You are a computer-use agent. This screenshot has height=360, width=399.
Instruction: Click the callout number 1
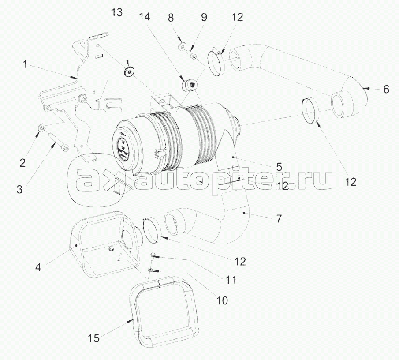[25, 65]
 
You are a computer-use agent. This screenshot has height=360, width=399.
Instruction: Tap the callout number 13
[117, 12]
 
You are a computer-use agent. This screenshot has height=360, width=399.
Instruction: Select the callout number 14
[145, 17]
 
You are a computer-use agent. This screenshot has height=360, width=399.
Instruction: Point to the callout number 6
[386, 90]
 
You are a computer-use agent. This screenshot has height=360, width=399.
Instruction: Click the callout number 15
[93, 338]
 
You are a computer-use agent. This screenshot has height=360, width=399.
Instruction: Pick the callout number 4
[38, 267]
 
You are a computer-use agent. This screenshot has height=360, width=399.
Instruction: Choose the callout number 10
[222, 301]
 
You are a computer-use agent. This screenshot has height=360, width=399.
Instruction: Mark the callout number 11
[230, 280]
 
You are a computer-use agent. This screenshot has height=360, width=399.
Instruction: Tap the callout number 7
[279, 218]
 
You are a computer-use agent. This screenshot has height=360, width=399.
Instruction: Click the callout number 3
[19, 189]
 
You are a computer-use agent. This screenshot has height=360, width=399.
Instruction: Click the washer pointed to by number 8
[182, 47]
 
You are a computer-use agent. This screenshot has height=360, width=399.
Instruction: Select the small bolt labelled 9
[193, 54]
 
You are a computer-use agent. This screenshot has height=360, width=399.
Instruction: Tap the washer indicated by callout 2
[42, 127]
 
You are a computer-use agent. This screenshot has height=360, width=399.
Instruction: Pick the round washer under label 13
[129, 72]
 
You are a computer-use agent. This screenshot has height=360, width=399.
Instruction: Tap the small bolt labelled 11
[153, 256]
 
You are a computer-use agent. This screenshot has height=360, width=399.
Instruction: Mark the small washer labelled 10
[151, 270]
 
